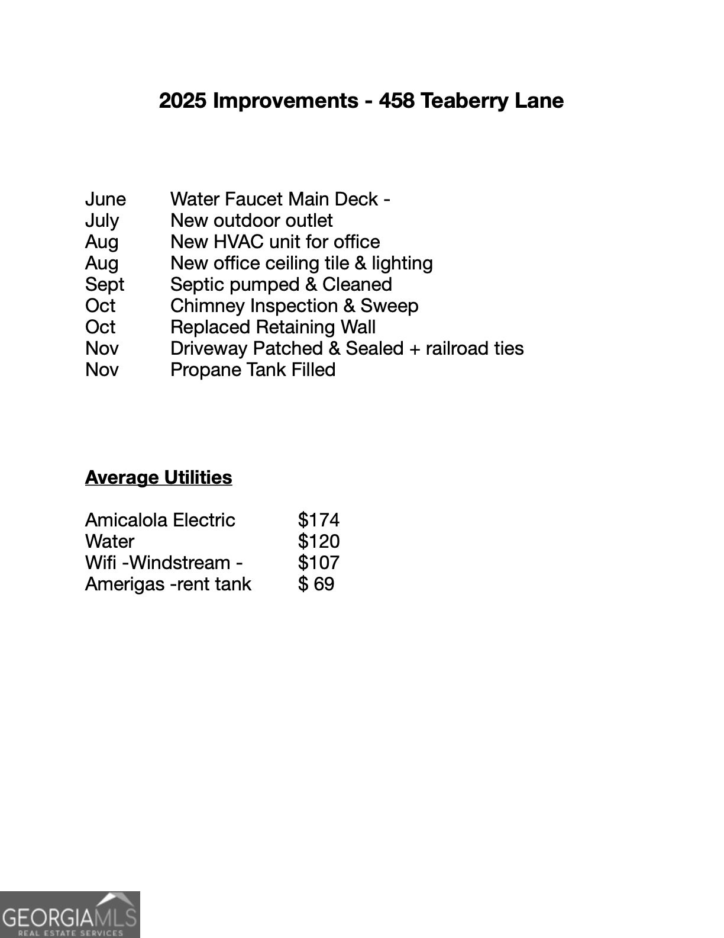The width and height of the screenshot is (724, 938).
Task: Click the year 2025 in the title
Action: pyautogui.click(x=183, y=101)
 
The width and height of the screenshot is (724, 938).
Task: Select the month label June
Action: pyautogui.click(x=105, y=199)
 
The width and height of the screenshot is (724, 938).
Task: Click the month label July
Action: pyautogui.click(x=102, y=220)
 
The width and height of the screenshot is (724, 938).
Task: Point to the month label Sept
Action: pyautogui.click(x=105, y=284)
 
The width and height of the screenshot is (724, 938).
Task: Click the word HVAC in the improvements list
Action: pyautogui.click(x=238, y=242)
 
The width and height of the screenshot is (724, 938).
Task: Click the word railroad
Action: pyautogui.click(x=463, y=348)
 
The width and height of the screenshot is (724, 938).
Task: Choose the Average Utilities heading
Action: pyautogui.click(x=159, y=477)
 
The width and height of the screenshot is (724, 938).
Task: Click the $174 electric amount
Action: pyautogui.click(x=319, y=520)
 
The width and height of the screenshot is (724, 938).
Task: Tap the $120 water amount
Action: pyautogui.click(x=319, y=541)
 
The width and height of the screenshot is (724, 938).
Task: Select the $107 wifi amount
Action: pyautogui.click(x=319, y=563)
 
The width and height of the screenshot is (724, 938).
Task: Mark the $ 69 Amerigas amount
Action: pyautogui.click(x=316, y=584)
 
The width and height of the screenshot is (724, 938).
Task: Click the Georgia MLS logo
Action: pyautogui.click(x=70, y=914)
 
